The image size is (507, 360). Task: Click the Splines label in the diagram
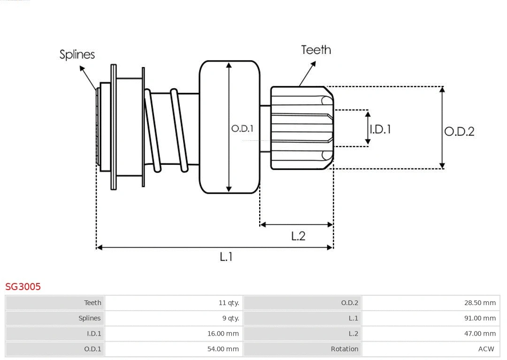[77, 54]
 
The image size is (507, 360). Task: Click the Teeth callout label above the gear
[316, 50]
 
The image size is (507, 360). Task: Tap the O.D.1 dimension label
[242, 128]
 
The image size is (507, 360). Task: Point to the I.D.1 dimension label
[380, 129]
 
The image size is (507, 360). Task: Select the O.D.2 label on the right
[459, 131]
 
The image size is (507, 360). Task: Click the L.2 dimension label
[298, 236]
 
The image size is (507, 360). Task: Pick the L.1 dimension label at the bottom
[226, 256]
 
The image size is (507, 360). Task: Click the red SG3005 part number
[23, 286]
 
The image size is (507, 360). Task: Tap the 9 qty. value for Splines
[230, 318]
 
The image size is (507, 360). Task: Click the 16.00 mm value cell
[223, 334]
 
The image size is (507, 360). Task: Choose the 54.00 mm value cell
[223, 349]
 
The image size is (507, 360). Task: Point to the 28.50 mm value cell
[480, 303]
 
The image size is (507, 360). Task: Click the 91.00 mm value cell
[480, 318]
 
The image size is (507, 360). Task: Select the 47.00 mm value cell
[480, 334]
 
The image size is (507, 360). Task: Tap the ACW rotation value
[486, 349]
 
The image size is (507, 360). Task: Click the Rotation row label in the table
[345, 349]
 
